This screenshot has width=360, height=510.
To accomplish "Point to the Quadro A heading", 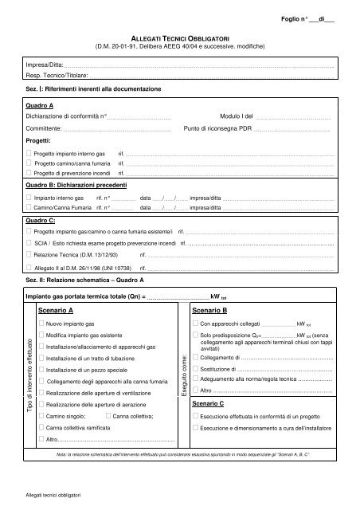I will coord(40,105).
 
